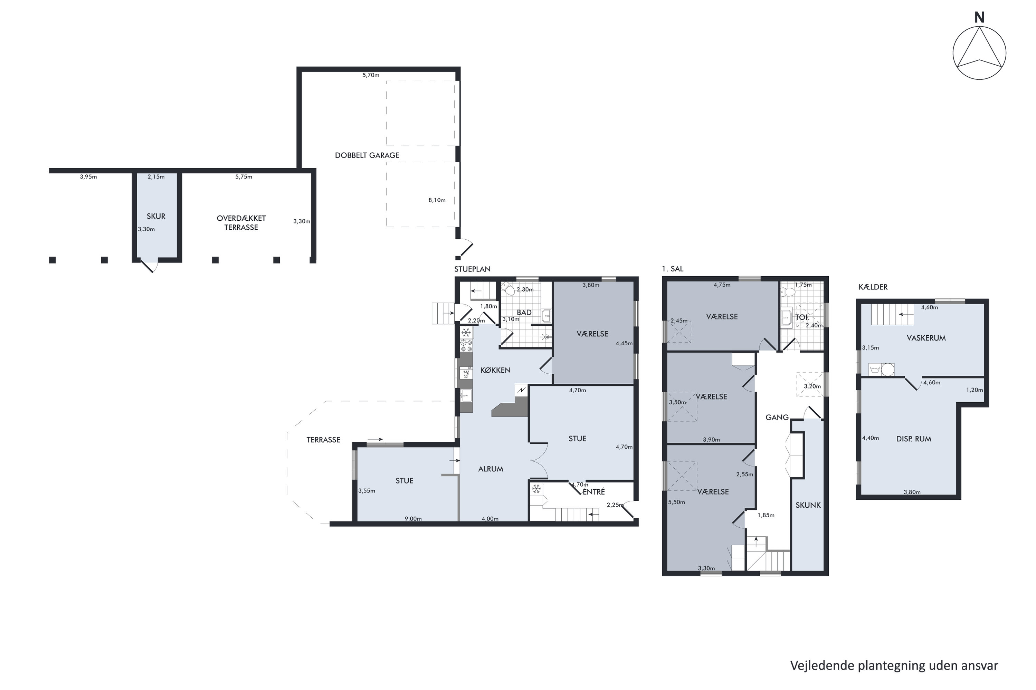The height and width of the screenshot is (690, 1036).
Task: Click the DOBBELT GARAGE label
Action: pos(367,155)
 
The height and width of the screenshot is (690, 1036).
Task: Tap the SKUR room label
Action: pos(156,216)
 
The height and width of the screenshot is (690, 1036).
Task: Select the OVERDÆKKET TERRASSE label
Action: pos(241,223)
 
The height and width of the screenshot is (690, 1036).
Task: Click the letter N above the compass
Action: pos(979,18)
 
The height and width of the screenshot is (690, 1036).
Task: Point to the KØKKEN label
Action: pos(496,370)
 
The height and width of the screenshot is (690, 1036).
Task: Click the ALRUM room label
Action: pos(491,469)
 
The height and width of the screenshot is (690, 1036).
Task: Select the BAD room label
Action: pos(524,313)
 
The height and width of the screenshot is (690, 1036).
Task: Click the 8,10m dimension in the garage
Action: pos(437,200)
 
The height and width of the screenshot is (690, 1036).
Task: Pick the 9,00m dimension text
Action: pos(413,519)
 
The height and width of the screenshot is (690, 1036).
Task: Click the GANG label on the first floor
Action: pos(777,417)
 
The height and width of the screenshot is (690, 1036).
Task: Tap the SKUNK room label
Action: pos(808,505)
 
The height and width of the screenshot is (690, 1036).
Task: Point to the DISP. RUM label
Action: pos(914,439)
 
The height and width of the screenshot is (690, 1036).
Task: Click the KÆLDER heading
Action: pos(873,287)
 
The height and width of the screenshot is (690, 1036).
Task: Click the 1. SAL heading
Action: pos(673,269)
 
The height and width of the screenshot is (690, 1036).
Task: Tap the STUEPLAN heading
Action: pos(472,269)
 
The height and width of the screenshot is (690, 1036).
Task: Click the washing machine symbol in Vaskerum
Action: pos(882,370)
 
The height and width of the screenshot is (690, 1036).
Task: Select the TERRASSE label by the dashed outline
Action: pos(323,440)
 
